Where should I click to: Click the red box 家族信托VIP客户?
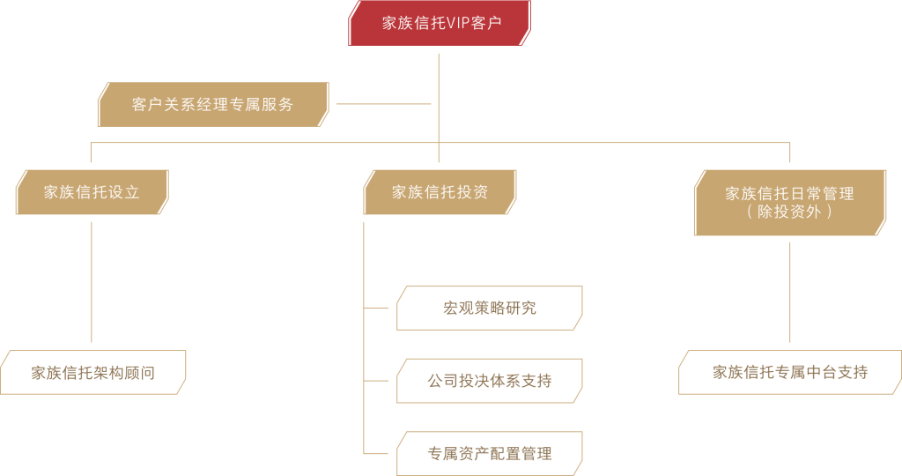440,23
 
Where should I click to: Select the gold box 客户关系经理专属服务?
213,104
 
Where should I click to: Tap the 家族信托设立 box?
92,192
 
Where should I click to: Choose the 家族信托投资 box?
440,192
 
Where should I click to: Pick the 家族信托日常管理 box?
789,202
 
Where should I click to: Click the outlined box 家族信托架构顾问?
92,372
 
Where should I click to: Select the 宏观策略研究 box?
489,309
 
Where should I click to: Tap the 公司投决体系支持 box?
489,381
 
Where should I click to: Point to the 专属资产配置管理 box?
489,454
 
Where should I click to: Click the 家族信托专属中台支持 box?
789,372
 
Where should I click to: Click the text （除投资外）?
789,212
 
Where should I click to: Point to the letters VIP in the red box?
459,23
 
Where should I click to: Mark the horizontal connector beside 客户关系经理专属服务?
384,104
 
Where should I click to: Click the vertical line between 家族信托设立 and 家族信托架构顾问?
92,282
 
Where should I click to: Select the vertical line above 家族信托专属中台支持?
789,291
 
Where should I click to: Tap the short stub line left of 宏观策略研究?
377,309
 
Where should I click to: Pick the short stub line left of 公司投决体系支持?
377,381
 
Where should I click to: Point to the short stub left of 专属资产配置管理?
377,454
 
